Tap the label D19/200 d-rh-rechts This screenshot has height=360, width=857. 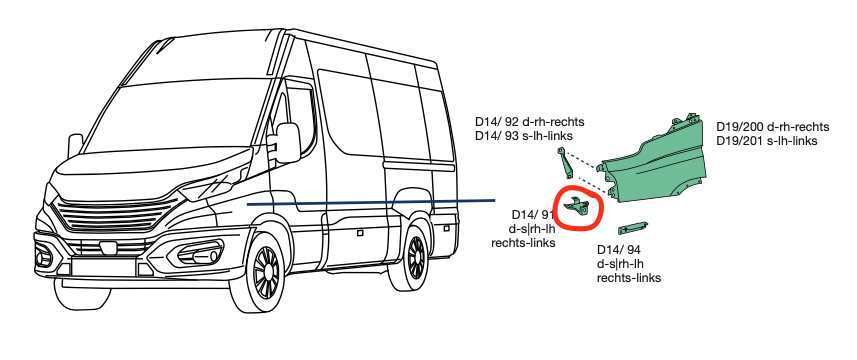pyautogui.click(x=772, y=127)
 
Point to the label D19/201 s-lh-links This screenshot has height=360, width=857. pyautogui.click(x=767, y=141)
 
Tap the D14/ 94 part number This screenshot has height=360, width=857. pyautogui.click(x=617, y=249)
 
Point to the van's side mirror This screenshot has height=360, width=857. pyautogui.click(x=287, y=142)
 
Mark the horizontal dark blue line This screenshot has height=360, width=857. pyautogui.click(x=370, y=202)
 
